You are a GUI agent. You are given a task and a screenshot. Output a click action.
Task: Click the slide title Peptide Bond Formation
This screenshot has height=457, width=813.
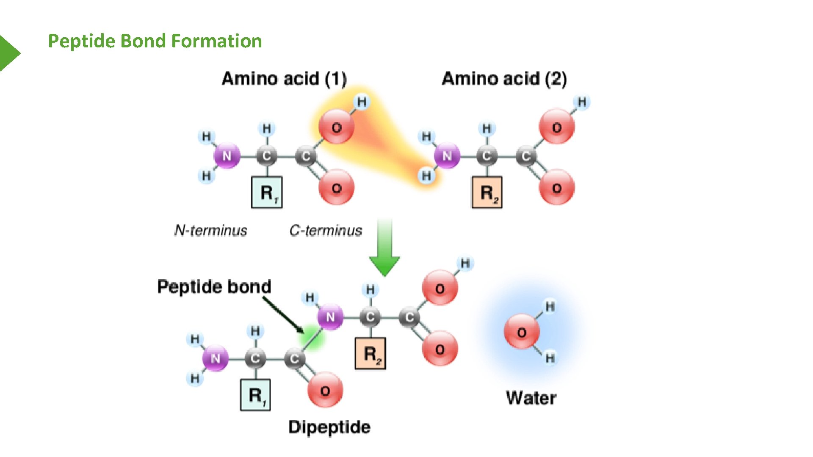pyautogui.click(x=155, y=41)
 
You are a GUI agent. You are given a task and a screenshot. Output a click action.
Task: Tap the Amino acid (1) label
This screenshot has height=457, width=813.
pyautogui.click(x=284, y=79)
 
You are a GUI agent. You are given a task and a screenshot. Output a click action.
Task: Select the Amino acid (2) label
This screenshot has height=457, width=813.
pyautogui.click(x=504, y=79)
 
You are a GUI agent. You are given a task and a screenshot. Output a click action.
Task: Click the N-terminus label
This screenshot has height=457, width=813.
pyautogui.click(x=210, y=230)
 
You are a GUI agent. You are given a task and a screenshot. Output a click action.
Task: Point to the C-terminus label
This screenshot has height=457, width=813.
pyautogui.click(x=326, y=230)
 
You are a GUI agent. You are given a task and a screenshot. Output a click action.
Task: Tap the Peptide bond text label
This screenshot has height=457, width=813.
pyautogui.click(x=214, y=286)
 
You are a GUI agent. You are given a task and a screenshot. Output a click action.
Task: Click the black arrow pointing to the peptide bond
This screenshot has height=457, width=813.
pyautogui.click(x=283, y=315)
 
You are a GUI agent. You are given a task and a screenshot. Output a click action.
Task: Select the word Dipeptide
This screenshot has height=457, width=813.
pyautogui.click(x=329, y=427)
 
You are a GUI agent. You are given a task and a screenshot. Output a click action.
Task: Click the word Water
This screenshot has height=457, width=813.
pyautogui.click(x=531, y=398)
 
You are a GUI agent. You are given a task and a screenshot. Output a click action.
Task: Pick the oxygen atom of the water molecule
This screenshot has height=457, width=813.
pyautogui.click(x=522, y=332)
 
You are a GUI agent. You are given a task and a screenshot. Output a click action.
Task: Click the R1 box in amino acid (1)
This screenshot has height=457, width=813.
pyautogui.click(x=267, y=193)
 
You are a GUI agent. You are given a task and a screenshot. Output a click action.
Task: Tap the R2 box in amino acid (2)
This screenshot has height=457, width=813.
pyautogui.click(x=487, y=193)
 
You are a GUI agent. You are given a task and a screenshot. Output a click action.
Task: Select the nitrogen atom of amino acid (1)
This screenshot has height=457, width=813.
pyautogui.click(x=227, y=156)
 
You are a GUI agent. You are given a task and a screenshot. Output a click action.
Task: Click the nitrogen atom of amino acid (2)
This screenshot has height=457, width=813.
pyautogui.click(x=447, y=156)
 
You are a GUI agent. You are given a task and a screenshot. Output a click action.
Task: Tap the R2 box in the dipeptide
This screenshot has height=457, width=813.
pyautogui.click(x=370, y=353)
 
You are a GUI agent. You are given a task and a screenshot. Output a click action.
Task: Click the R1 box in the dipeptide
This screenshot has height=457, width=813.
pyautogui.click(x=255, y=395)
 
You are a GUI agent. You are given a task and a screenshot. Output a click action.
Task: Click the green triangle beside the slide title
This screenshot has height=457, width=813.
pyautogui.click(x=8, y=53)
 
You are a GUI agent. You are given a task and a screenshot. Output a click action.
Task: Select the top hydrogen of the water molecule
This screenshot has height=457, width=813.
pyautogui.click(x=550, y=306)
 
